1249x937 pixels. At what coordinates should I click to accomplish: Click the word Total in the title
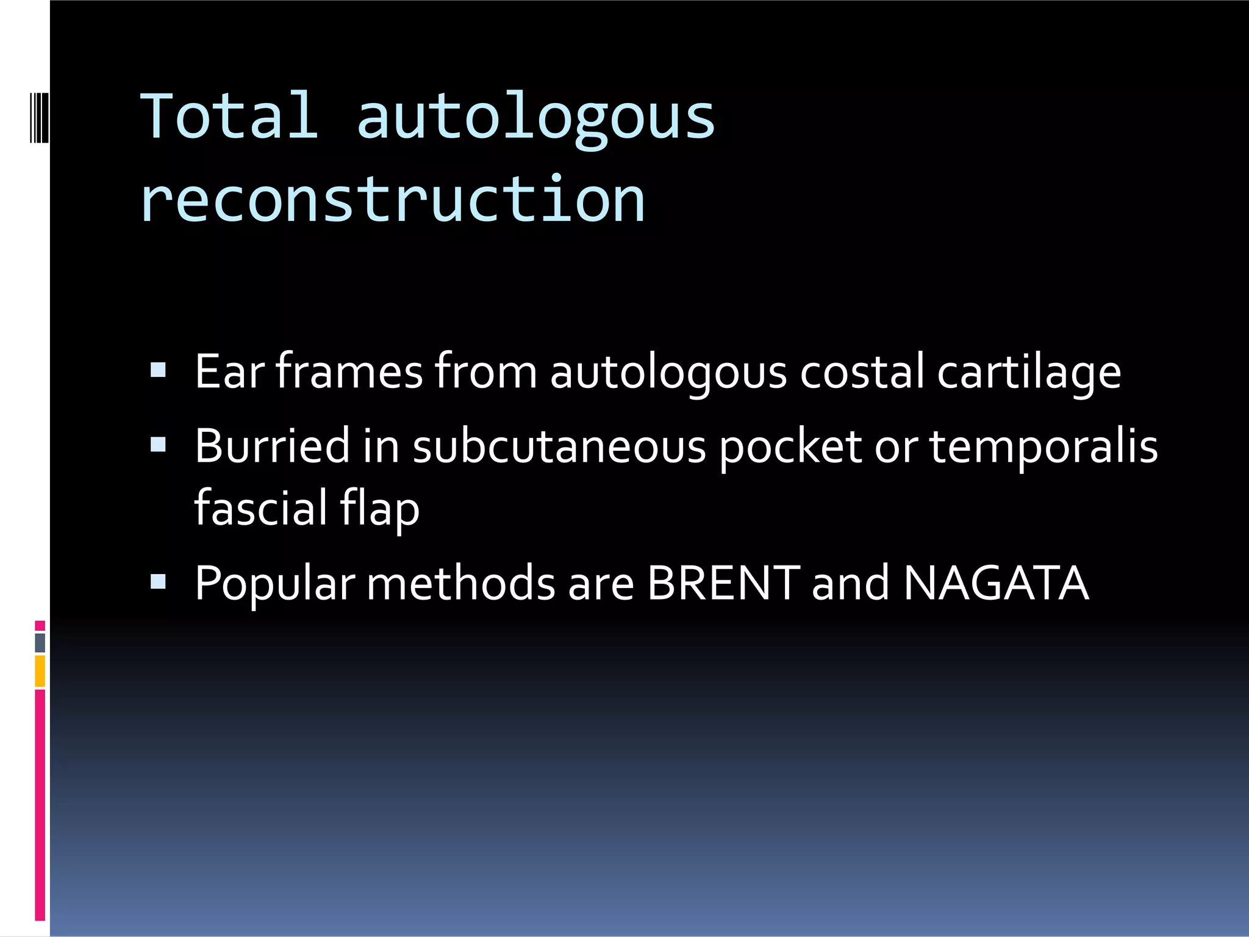[x=229, y=116]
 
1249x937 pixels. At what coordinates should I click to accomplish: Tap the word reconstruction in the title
[x=393, y=200]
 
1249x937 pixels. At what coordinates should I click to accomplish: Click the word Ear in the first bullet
[x=229, y=372]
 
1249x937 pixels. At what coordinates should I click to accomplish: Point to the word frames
[x=349, y=372]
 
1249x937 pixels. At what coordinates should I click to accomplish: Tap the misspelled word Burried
[x=272, y=446]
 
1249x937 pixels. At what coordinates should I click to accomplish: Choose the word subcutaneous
[x=559, y=447]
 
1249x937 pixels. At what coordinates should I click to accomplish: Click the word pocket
[x=790, y=447]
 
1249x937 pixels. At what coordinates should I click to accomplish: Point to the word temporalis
[x=1043, y=447]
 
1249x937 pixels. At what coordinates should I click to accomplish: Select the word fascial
[x=260, y=508]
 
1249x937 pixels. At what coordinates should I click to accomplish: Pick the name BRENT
[x=723, y=583]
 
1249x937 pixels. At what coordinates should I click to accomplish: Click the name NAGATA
[x=996, y=583]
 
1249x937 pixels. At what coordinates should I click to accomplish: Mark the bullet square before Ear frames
[x=158, y=370]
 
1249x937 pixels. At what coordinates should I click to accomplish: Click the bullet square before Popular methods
[x=158, y=581]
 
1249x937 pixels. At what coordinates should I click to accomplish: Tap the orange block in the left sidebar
[x=40, y=670]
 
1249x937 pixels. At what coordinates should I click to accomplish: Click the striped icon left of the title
[x=39, y=117]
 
